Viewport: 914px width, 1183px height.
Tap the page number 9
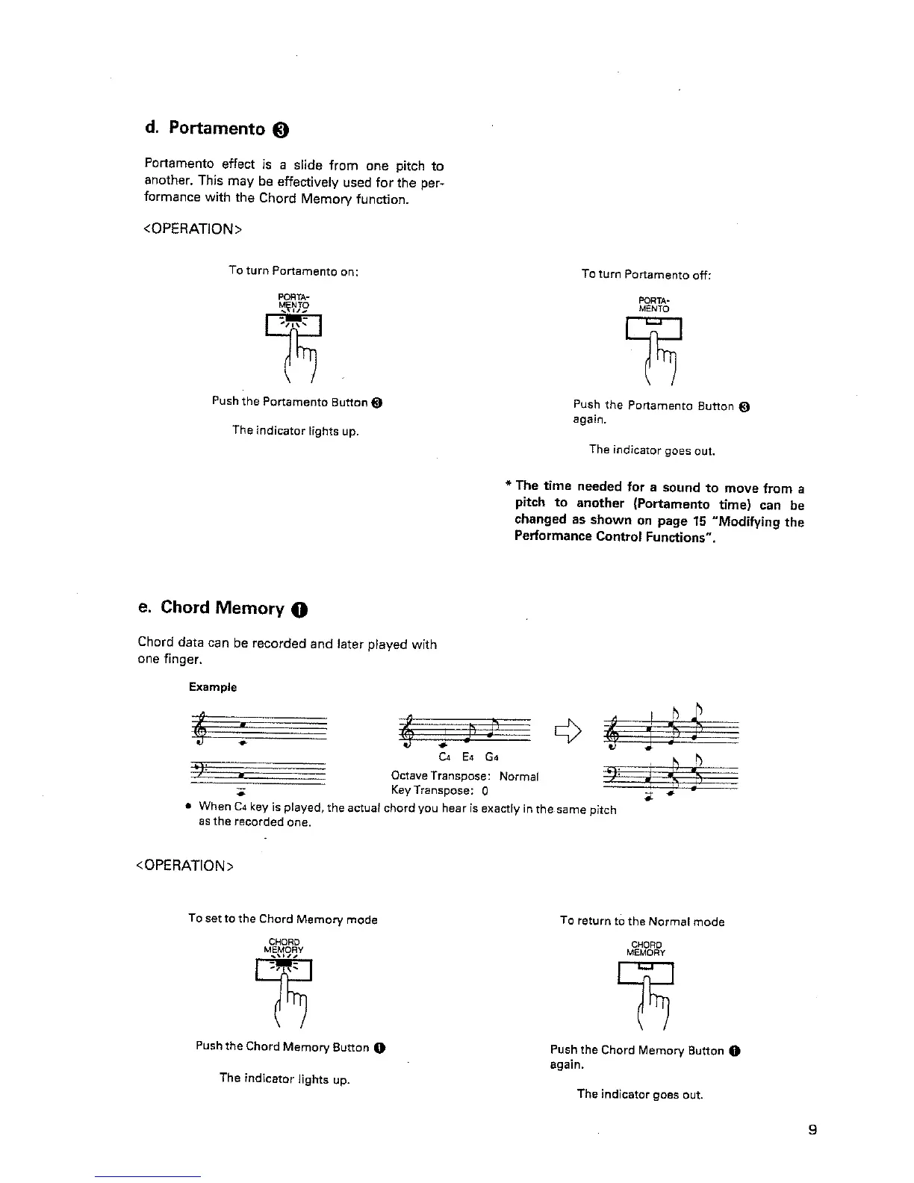[812, 1129]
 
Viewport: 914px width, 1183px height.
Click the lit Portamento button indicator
[294, 321]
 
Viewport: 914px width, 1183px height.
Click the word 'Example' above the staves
[213, 687]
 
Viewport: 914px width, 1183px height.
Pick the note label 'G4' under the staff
[492, 757]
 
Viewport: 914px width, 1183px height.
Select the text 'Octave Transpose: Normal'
[464, 777]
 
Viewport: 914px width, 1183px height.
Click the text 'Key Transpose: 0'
[440, 790]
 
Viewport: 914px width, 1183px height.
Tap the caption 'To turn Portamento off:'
[646, 275]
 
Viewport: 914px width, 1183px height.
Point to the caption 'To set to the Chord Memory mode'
[283, 919]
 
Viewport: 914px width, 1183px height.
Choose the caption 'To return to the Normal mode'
[642, 922]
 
